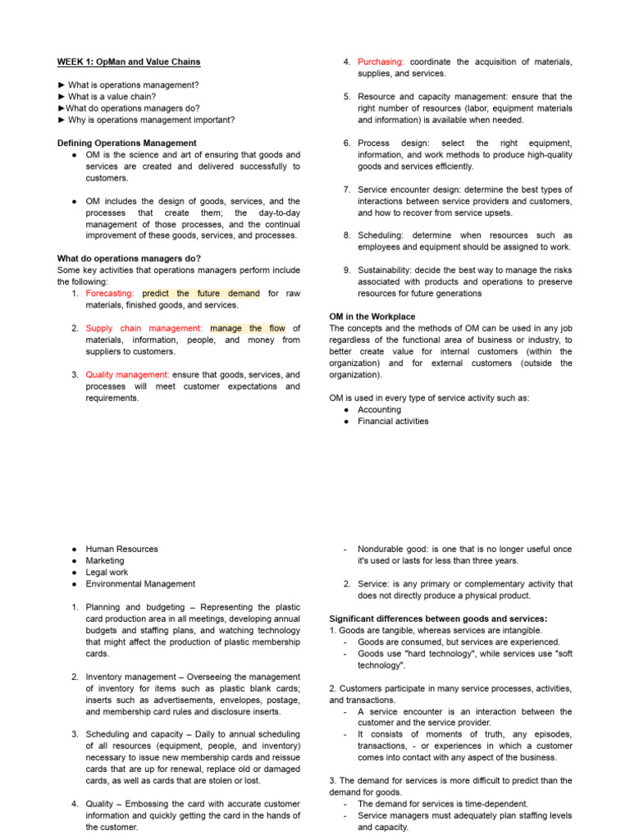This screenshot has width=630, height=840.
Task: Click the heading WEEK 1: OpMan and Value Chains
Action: [128, 62]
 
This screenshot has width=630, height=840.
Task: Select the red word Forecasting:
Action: [111, 293]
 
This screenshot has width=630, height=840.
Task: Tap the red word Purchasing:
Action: [381, 62]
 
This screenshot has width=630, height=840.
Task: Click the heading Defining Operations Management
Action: [126, 143]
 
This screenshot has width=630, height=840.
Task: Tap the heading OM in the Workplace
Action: [372, 317]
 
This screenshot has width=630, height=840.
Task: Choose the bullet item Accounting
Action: [379, 409]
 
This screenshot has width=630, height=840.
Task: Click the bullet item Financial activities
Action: [393, 421]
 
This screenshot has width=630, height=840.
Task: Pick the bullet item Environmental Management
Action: [139, 583]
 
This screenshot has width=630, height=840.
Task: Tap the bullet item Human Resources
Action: [121, 549]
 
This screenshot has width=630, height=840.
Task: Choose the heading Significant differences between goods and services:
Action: [438, 618]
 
